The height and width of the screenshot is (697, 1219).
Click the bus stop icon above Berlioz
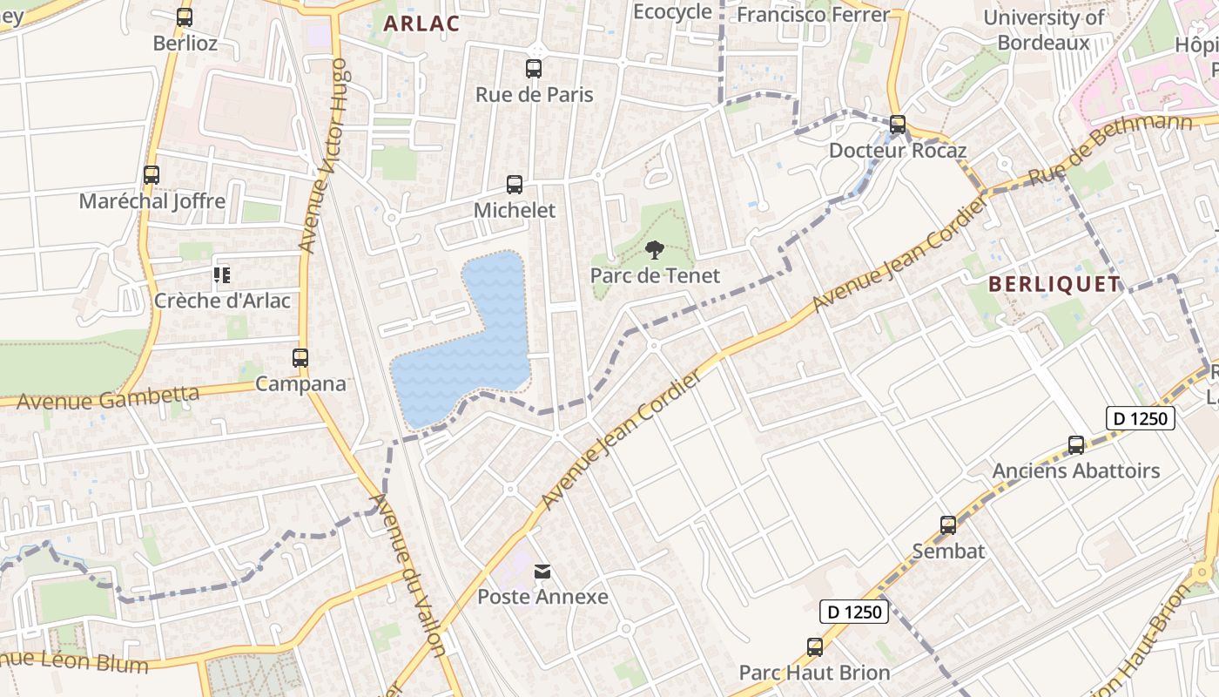185,17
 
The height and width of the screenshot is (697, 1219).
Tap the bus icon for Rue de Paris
534,68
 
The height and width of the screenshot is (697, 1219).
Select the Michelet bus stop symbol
515,185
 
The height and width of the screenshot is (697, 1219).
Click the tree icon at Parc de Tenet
655,251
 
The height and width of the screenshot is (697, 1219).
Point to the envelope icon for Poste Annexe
542,572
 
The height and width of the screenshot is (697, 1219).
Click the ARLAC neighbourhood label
421,24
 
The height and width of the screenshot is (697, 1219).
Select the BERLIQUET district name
1054,284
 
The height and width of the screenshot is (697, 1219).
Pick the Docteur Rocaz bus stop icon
898,125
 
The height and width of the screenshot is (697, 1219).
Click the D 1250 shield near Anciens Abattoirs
1141,418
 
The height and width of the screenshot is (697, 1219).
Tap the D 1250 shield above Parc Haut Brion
854,612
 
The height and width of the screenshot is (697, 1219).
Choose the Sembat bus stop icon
948,525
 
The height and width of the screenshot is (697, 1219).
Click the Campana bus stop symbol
300,358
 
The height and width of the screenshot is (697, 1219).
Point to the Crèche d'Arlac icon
222,275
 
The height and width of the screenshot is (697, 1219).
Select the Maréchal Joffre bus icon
152,175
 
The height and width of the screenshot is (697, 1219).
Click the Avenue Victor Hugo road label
324,157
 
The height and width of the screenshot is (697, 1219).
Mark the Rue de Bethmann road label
1110,148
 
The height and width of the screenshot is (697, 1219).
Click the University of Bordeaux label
1044,30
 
